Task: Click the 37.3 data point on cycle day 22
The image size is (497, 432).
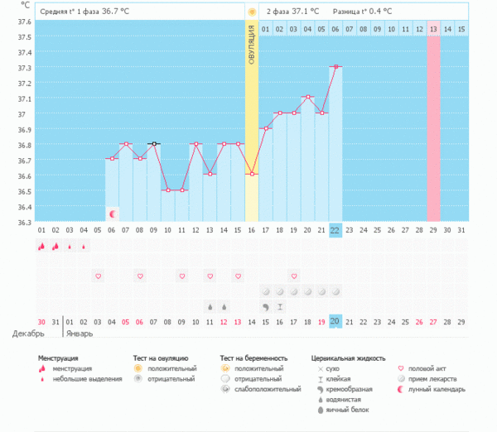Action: pyautogui.click(x=335, y=66)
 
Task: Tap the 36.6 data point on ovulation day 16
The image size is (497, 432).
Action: pyautogui.click(x=251, y=174)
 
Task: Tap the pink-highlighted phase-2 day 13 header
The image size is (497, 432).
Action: pyautogui.click(x=433, y=29)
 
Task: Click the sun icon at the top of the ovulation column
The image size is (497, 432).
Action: pyautogui.click(x=251, y=12)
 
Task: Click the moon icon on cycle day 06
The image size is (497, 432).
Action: pyautogui.click(x=112, y=214)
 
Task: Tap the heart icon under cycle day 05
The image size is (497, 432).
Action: pyautogui.click(x=98, y=276)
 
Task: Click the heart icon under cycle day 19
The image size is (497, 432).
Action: pyautogui.click(x=294, y=276)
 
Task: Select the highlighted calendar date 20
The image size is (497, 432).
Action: pyautogui.click(x=335, y=321)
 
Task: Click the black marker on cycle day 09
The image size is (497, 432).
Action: pyautogui.click(x=153, y=143)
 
